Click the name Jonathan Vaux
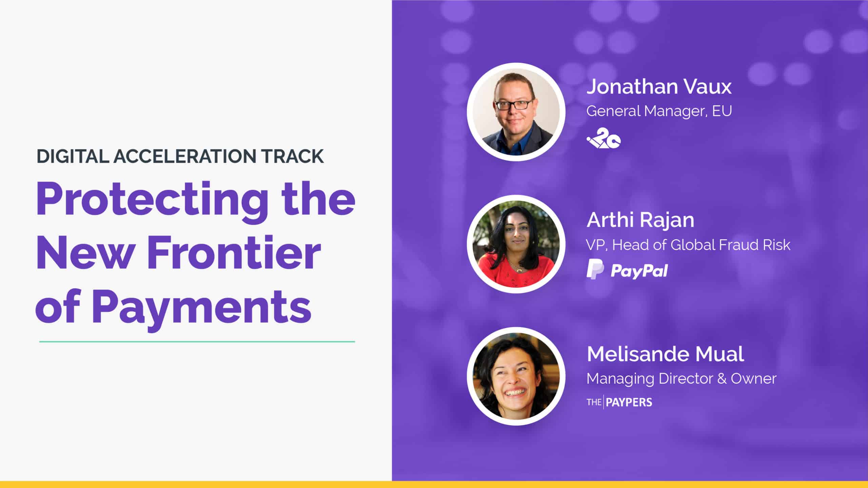[659, 86]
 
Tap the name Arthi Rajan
[640, 220]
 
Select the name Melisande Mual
[665, 354]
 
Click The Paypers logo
[619, 402]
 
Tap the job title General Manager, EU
[659, 111]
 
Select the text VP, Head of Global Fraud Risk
[688, 245]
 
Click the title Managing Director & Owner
[682, 379]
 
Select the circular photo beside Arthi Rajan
[516, 244]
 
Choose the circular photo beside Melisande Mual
[516, 376]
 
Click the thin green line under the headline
[197, 342]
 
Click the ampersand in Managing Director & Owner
[722, 379]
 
